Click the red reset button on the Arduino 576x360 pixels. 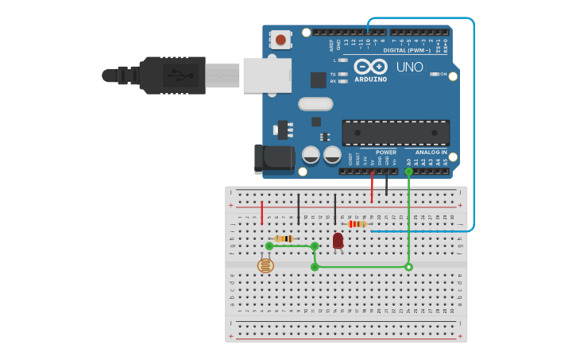click(281, 37)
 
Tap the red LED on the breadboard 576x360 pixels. click(338, 240)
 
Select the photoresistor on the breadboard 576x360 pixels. click(266, 265)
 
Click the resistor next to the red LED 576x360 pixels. click(357, 224)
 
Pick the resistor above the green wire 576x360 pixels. click(284, 238)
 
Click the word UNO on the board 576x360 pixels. click(409, 67)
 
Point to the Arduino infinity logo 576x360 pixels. click(371, 67)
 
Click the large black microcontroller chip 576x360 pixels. click(396, 133)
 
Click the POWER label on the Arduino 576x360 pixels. click(386, 152)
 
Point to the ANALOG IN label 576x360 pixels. click(431, 152)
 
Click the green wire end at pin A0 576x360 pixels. click(408, 171)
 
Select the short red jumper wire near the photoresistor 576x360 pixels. click(262, 212)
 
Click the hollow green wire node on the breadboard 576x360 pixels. click(408, 267)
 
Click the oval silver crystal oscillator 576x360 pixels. click(315, 104)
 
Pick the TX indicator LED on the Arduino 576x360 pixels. click(342, 74)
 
